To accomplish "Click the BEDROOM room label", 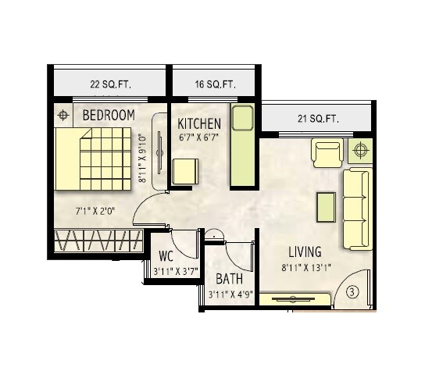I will pos(109,116).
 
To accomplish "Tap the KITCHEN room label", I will pos(199,124).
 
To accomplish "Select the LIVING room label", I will pos(305,252).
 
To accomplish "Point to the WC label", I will pos(166,257).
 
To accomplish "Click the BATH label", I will pos(229,278).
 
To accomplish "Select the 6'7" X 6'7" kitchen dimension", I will pos(199,139).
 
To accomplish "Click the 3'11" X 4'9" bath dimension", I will pos(229,294).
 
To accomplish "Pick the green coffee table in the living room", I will pos(326,205).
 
